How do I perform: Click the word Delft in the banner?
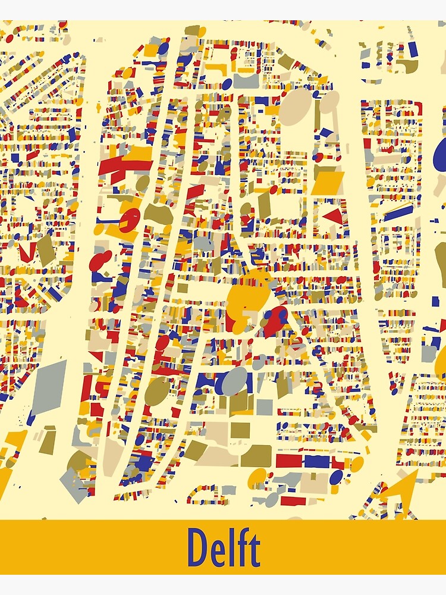coord(224,547)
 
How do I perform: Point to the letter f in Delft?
coord(242,546)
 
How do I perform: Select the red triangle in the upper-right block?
coord(335,216)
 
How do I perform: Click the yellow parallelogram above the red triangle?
coord(328,183)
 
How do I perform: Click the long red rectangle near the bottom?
coord(288,461)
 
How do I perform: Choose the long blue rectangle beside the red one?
coord(318,461)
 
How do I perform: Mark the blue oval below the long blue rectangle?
coord(336,477)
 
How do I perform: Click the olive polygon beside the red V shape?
coord(46,250)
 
